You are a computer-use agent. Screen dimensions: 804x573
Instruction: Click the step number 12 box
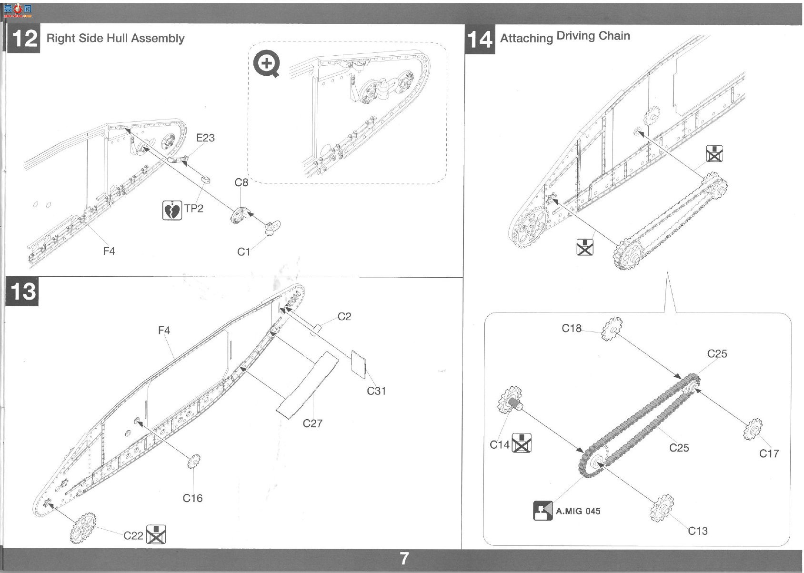pos(23,38)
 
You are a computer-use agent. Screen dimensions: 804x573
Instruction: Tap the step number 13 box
pos(22,291)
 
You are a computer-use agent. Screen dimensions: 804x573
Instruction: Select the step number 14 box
pos(480,40)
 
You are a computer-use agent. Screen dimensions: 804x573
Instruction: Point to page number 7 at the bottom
pos(404,559)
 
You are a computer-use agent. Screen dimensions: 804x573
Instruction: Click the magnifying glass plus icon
pos(266,65)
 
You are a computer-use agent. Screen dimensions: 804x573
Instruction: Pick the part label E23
pos(205,138)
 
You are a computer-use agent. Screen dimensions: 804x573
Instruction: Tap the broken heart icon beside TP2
pos(172,210)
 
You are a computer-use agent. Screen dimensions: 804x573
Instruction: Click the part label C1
pos(244,252)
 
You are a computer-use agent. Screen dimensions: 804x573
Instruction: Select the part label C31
pos(376,391)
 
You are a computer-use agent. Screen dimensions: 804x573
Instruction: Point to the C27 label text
pos(312,423)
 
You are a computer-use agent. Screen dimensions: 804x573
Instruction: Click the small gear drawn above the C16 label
pos(194,462)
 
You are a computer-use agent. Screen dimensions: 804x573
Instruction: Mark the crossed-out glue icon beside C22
pos(156,534)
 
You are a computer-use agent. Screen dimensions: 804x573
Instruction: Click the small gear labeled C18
pos(612,329)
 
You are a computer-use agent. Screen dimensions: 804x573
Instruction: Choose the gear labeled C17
pos(753,429)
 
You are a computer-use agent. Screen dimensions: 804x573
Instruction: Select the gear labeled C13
pos(662,508)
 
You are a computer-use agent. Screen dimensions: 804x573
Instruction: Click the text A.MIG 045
pos(578,511)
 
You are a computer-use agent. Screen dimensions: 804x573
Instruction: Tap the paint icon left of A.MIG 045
pos(543,511)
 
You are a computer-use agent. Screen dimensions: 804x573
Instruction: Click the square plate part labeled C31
pos(359,364)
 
